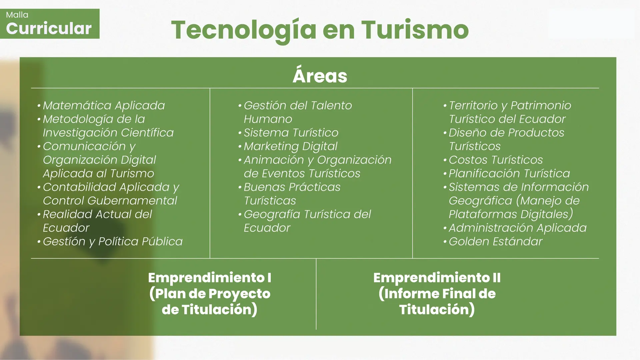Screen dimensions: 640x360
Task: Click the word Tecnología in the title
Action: (244, 31)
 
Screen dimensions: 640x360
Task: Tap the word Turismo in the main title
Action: (415, 30)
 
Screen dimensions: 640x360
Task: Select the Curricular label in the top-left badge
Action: (49, 28)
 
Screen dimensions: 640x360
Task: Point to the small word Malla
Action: (17, 15)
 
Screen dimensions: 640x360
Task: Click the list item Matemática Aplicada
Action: (104, 105)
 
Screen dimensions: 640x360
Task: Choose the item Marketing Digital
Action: (290, 146)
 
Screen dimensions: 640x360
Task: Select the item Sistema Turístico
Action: (291, 133)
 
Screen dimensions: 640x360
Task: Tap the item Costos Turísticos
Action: (495, 160)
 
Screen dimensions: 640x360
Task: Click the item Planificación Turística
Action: (509, 173)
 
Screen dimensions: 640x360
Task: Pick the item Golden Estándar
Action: (495, 241)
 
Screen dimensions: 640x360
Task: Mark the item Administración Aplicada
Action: (517, 228)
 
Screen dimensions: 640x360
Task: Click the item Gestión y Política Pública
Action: (113, 242)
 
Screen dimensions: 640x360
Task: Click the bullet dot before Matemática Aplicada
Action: (39, 106)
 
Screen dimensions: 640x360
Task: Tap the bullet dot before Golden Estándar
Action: (445, 242)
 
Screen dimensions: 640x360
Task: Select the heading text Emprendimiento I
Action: (210, 278)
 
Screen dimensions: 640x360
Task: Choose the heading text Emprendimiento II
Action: (437, 278)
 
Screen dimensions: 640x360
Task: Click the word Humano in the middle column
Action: (268, 119)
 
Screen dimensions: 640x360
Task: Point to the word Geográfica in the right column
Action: (480, 201)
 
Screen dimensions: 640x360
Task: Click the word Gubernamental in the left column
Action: (132, 201)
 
